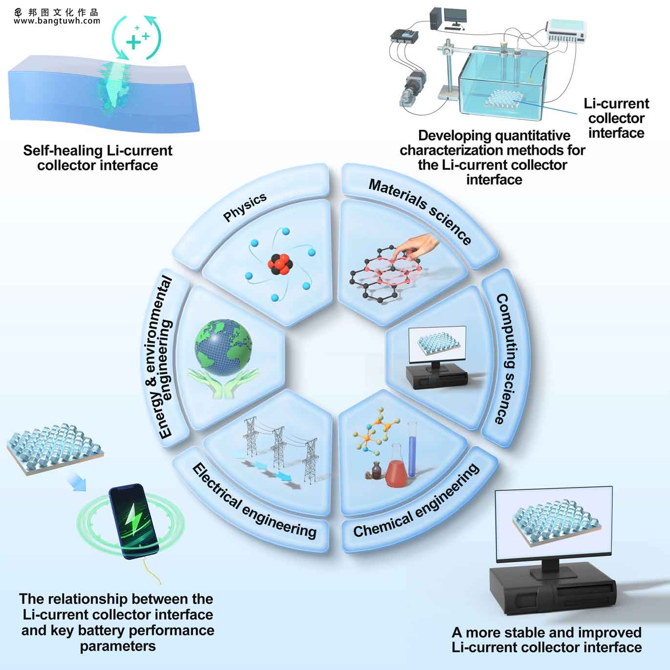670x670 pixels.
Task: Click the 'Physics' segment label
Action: click(x=245, y=207)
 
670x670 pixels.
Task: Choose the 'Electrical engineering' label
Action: click(x=254, y=501)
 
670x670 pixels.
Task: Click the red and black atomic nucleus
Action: click(x=279, y=264)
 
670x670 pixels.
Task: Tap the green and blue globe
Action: click(x=224, y=348)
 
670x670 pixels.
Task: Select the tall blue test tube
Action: click(x=412, y=450)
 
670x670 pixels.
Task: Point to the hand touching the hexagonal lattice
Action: click(x=417, y=247)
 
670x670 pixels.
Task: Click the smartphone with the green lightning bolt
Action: click(x=134, y=521)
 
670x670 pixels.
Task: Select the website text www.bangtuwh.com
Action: click(x=57, y=21)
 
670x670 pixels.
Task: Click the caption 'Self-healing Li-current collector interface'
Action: click(x=98, y=158)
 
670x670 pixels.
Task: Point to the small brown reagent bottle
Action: click(x=377, y=470)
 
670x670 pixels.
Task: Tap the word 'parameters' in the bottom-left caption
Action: click(x=118, y=647)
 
